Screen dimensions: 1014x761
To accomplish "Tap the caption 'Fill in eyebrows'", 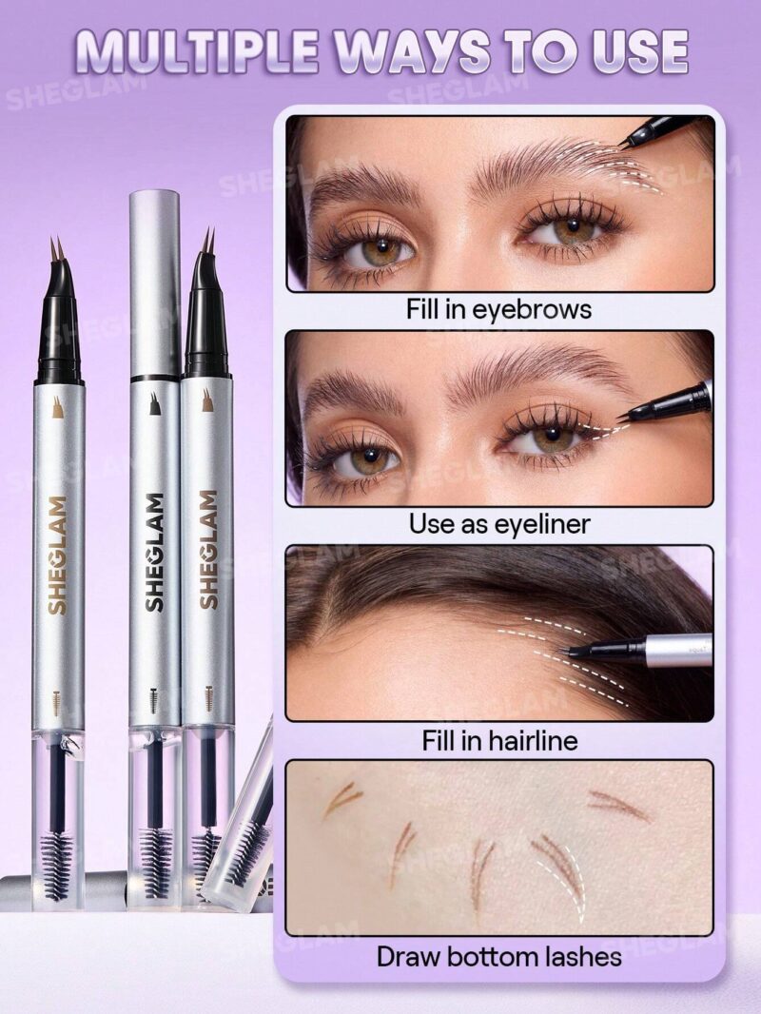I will [498, 309].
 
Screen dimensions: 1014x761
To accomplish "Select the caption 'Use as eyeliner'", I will [498, 523].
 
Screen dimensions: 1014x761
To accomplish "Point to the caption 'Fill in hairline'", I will [498, 739].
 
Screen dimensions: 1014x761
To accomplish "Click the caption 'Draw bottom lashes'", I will [498, 955].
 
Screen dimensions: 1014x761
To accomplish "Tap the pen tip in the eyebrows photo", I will [626, 144].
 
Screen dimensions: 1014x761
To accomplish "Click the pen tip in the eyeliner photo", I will [622, 416].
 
